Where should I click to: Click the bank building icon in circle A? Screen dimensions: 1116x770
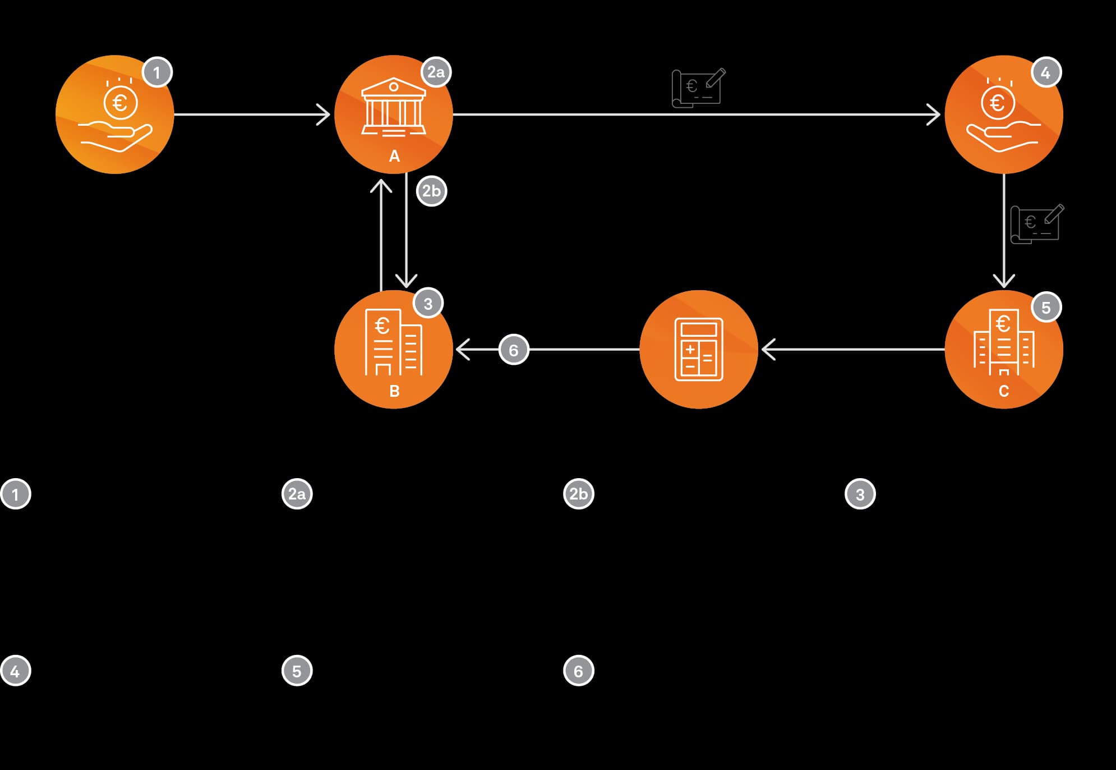[394, 107]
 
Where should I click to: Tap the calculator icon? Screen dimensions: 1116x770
[699, 349]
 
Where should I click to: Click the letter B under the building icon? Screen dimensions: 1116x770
[394, 391]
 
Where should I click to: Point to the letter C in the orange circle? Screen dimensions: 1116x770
[1004, 391]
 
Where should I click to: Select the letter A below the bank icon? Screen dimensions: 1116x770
[394, 156]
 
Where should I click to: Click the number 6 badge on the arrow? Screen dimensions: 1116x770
[514, 350]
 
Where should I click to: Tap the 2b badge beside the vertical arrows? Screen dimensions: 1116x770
[431, 191]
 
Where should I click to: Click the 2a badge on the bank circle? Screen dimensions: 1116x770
[436, 72]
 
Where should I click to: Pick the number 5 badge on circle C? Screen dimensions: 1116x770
[1046, 307]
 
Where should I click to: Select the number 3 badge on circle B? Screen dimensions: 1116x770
[428, 303]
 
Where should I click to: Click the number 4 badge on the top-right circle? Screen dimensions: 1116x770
[1046, 72]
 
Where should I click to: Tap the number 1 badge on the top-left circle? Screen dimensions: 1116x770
[157, 72]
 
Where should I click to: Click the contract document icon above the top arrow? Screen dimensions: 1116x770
[699, 88]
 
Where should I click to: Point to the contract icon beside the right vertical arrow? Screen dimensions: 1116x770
[1037, 224]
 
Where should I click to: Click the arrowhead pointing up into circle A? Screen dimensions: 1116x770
[381, 186]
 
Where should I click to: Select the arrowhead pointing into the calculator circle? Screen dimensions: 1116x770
[768, 349]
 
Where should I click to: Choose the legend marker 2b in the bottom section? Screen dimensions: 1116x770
[578, 494]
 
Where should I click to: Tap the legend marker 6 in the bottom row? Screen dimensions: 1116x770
[578, 671]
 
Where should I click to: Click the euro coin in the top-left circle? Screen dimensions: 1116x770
[120, 103]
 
